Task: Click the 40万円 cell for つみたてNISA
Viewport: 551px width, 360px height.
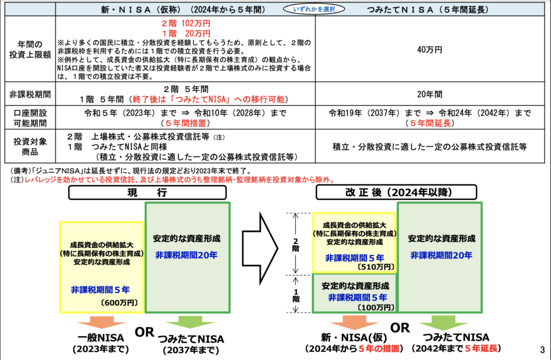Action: tap(429, 50)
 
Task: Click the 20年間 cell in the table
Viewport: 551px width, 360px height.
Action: tap(429, 94)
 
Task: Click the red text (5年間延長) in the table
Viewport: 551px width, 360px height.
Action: tap(429, 123)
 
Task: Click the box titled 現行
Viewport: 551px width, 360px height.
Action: tap(133, 193)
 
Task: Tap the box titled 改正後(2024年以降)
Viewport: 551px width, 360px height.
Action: tap(396, 193)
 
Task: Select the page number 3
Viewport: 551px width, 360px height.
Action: tap(541, 348)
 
